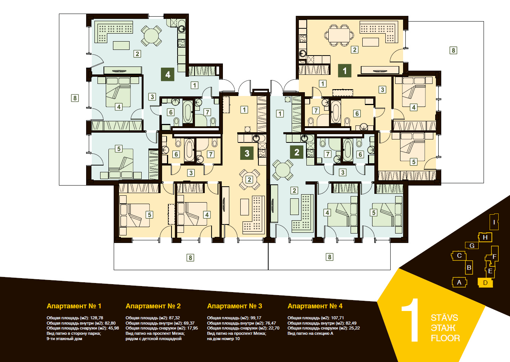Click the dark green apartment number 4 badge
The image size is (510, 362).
pyautogui.click(x=168, y=74)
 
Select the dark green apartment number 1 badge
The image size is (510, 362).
pyautogui.click(x=345, y=71)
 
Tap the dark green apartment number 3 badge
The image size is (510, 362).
pyautogui.click(x=247, y=153)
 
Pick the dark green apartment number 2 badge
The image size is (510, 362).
pyautogui.click(x=297, y=152)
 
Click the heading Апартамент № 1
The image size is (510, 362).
pyautogui.click(x=74, y=306)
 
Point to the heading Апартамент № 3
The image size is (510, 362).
pyautogui.click(x=235, y=306)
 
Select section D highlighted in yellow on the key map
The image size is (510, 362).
pyautogui.click(x=485, y=283)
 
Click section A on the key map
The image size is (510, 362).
pyautogui.click(x=459, y=282)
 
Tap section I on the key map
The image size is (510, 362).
pyautogui.click(x=494, y=222)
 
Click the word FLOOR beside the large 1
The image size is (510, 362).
pyautogui.click(x=445, y=338)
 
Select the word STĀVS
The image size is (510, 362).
pyautogui.click(x=444, y=318)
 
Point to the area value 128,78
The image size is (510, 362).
pyautogui.click(x=97, y=318)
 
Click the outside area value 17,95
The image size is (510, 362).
pyautogui.click(x=192, y=328)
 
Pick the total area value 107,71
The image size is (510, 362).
pyautogui.click(x=337, y=318)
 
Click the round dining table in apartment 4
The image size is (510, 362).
pyautogui.click(x=151, y=36)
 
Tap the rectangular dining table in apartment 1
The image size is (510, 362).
pyautogui.click(x=339, y=35)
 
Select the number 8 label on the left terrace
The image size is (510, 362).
pyautogui.click(x=75, y=98)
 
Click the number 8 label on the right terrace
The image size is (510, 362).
pyautogui.click(x=453, y=50)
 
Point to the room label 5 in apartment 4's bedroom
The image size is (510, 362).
pyautogui.click(x=119, y=149)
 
